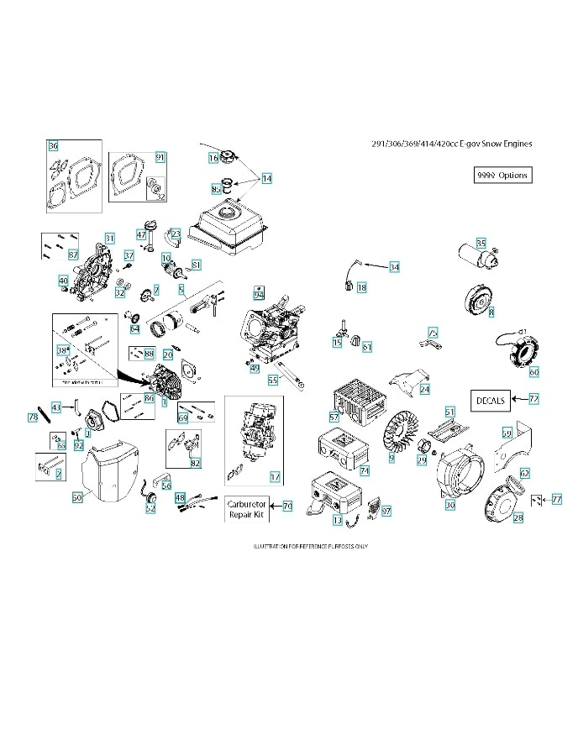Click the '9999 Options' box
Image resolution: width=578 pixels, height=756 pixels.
click(502, 175)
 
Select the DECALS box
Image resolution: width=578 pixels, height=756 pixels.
click(489, 401)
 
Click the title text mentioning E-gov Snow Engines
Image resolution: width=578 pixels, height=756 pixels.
click(451, 144)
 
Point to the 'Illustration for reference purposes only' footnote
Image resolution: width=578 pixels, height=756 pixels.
click(310, 546)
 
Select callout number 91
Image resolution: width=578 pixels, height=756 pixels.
click(160, 157)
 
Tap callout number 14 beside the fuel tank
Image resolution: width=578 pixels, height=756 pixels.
click(266, 178)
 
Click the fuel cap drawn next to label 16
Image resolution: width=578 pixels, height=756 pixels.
click(231, 157)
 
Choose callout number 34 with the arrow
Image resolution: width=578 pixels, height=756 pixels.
click(394, 267)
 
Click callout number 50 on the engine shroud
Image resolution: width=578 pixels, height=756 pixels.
click(76, 497)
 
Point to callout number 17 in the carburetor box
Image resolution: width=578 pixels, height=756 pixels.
click(274, 476)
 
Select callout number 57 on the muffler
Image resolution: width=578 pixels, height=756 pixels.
click(334, 417)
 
